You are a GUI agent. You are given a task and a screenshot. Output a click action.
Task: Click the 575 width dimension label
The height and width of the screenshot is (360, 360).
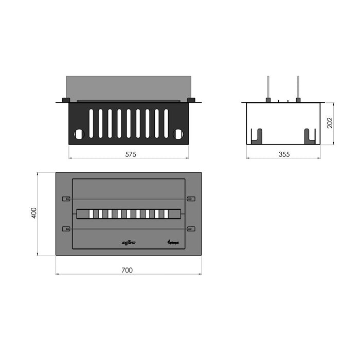(129, 154)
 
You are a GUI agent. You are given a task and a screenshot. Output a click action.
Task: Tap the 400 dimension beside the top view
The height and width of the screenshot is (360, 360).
(34, 213)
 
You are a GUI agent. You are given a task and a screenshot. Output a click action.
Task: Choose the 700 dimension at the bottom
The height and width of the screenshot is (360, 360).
(128, 269)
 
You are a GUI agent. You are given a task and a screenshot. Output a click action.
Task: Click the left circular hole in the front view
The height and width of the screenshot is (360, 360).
(79, 134)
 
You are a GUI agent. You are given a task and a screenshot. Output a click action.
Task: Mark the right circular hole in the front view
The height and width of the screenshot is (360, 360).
(178, 134)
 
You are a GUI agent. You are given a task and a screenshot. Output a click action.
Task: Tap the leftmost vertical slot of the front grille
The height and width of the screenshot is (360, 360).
(91, 123)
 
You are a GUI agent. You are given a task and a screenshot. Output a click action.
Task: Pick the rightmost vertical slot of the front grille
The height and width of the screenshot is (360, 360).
(166, 123)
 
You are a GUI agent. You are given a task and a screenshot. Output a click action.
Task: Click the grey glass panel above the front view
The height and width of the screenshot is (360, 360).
(129, 87)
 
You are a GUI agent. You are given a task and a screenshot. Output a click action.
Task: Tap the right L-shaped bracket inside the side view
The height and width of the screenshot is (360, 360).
(309, 136)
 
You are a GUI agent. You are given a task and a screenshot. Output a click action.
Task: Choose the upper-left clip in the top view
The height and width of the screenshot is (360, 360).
(65, 199)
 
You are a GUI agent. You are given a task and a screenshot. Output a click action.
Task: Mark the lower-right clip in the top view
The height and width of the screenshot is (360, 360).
(191, 228)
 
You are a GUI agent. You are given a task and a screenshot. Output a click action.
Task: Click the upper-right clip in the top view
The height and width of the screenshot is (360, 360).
(191, 199)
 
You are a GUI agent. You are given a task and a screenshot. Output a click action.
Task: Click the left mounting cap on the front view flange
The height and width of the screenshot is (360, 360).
(66, 100)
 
